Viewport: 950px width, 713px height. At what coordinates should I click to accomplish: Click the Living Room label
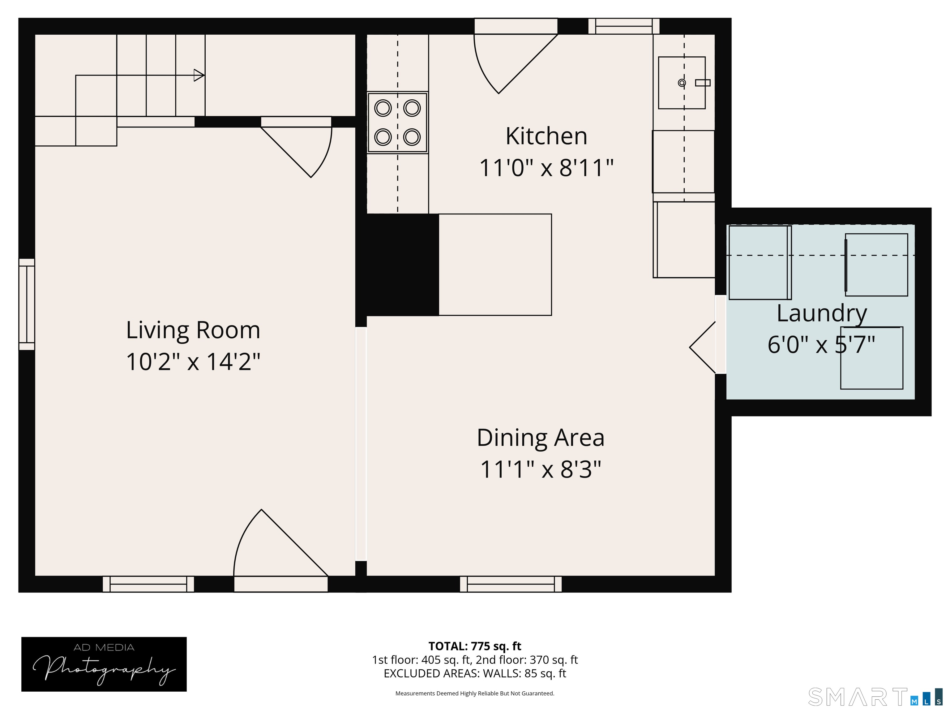tap(193, 331)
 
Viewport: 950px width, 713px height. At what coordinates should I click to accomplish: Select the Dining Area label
tap(540, 438)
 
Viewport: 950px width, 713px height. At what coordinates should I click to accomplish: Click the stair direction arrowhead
tap(199, 75)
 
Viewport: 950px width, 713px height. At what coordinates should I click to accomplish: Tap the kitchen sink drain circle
tap(682, 83)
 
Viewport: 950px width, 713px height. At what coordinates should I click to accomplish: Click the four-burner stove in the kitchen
tap(397, 122)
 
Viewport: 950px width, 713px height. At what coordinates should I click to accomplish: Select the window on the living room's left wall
tap(27, 304)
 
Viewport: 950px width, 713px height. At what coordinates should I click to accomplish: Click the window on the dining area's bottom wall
tap(511, 584)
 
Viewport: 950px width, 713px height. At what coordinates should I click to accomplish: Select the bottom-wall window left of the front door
tap(148, 584)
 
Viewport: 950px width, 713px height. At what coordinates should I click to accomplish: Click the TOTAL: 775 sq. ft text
tap(475, 646)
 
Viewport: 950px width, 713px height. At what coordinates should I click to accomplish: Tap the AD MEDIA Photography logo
tap(104, 664)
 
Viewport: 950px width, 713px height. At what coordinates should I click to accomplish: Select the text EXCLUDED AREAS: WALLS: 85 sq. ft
tap(475, 673)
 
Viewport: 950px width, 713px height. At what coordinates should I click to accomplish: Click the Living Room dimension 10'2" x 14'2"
tap(193, 361)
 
